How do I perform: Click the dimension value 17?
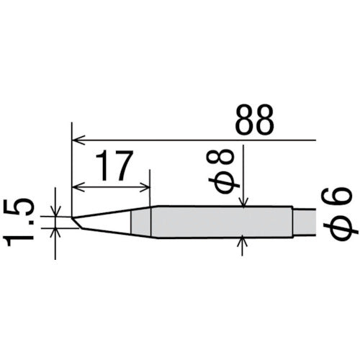point(112,168)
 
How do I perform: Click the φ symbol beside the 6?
point(338,228)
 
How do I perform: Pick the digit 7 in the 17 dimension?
point(122,168)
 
